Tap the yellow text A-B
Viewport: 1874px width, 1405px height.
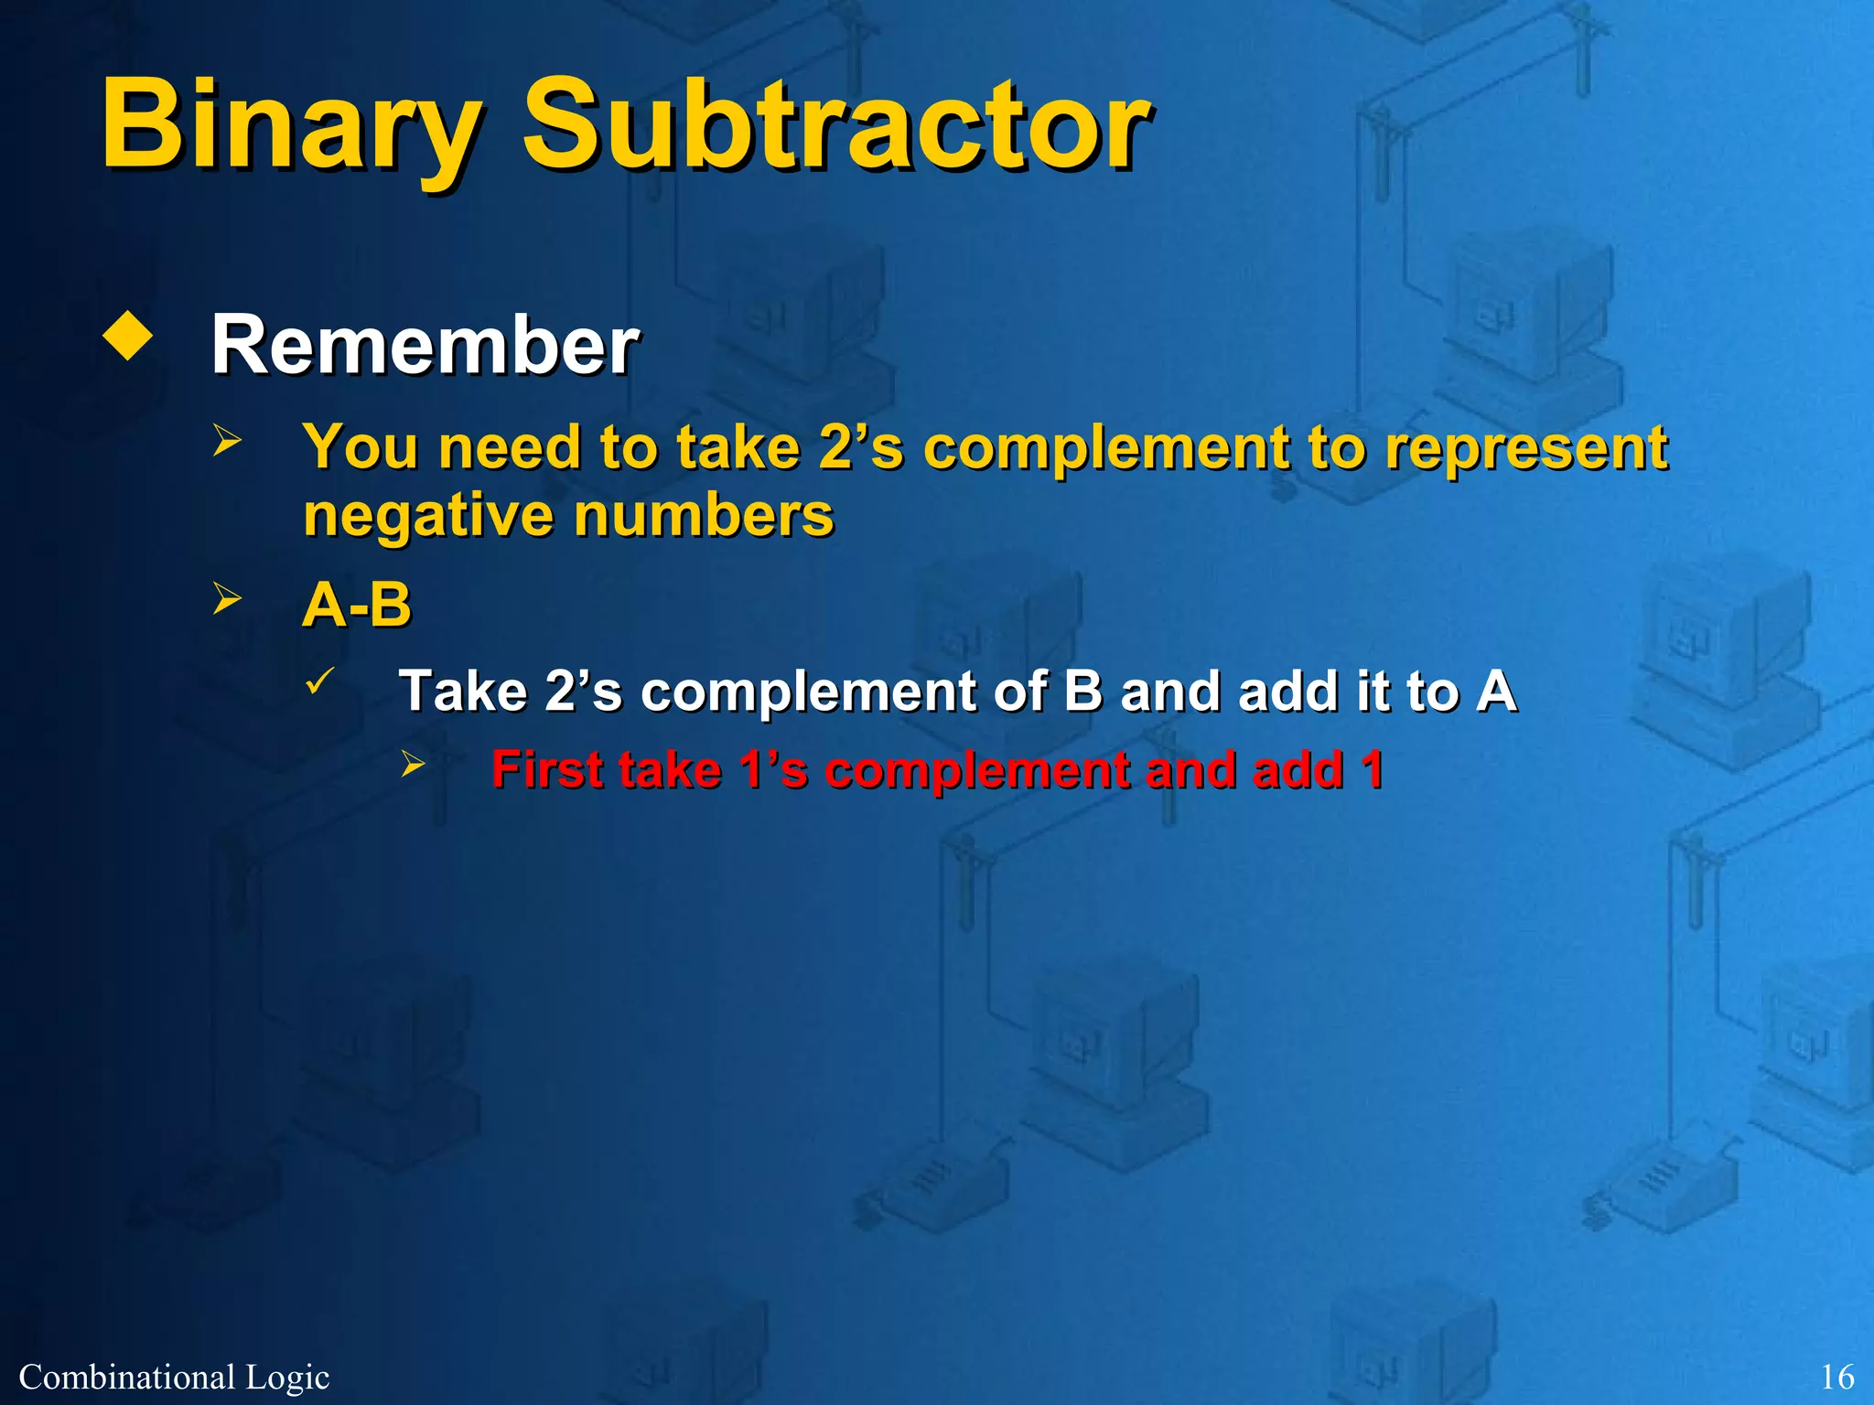click(x=357, y=605)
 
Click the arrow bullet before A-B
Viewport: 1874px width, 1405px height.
click(x=226, y=598)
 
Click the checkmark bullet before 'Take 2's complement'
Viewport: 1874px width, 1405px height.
click(x=319, y=681)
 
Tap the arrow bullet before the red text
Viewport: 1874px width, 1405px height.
click(x=414, y=764)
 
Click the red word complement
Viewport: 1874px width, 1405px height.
click(x=976, y=770)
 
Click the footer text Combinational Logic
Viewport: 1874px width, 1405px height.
click(x=174, y=1377)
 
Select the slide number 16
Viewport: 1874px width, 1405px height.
click(x=1836, y=1377)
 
